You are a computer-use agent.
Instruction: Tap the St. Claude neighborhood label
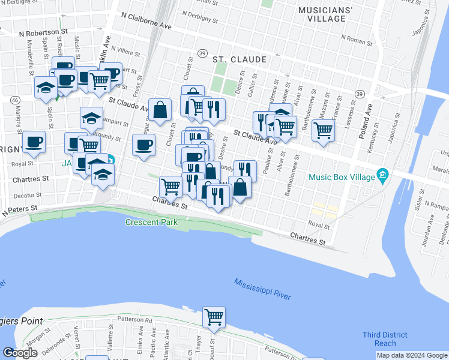(x=240, y=59)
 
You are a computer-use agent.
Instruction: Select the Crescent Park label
(x=151, y=222)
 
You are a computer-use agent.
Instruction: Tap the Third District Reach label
(x=385, y=339)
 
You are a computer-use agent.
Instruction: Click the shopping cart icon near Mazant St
(x=323, y=130)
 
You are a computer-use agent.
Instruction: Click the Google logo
(x=20, y=353)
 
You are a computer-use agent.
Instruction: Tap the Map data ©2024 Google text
(x=412, y=355)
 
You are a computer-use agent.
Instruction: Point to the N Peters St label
(x=19, y=210)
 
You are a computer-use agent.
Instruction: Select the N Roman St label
(x=357, y=40)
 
